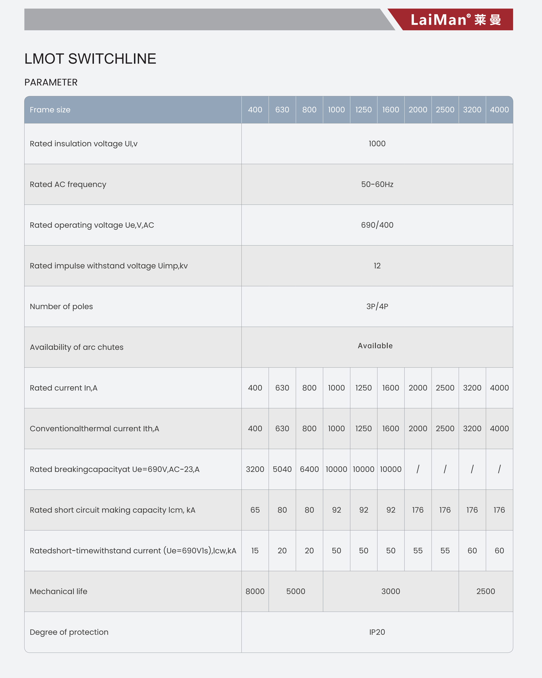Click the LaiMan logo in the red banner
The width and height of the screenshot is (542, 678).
click(x=455, y=20)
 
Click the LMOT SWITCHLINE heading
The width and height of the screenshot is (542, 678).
click(x=90, y=59)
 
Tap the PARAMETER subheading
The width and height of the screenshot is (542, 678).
click(x=51, y=82)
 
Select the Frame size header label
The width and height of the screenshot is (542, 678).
click(x=50, y=110)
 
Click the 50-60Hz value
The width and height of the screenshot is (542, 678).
click(x=377, y=184)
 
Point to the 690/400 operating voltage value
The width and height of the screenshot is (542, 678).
click(x=377, y=225)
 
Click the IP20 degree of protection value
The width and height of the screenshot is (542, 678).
click(x=377, y=632)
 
